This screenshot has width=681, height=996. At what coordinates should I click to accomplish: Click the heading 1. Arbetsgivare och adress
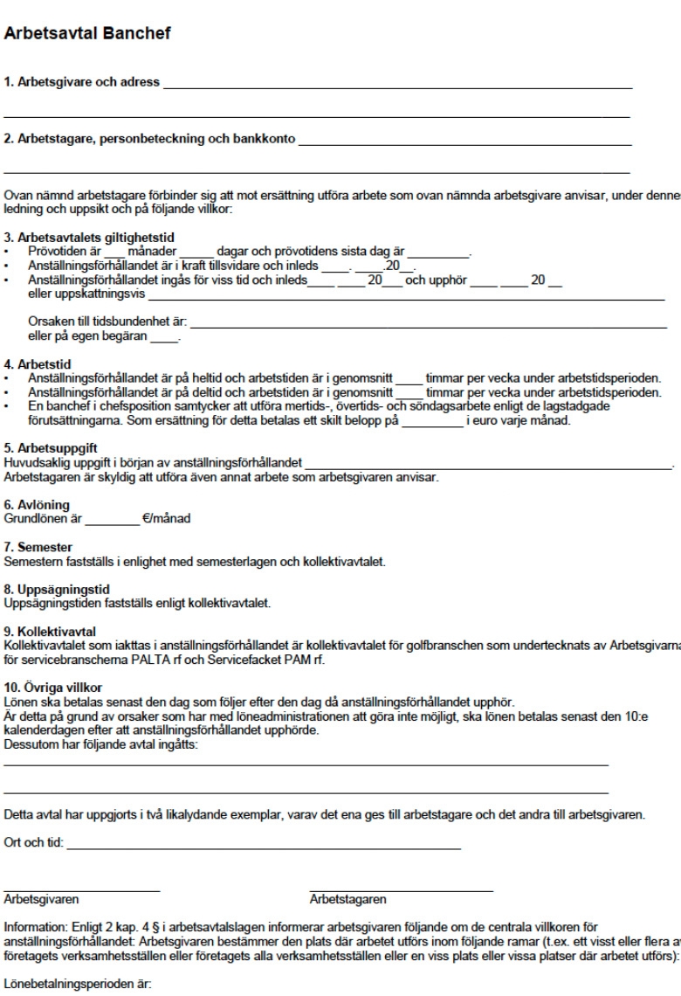pyautogui.click(x=82, y=83)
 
